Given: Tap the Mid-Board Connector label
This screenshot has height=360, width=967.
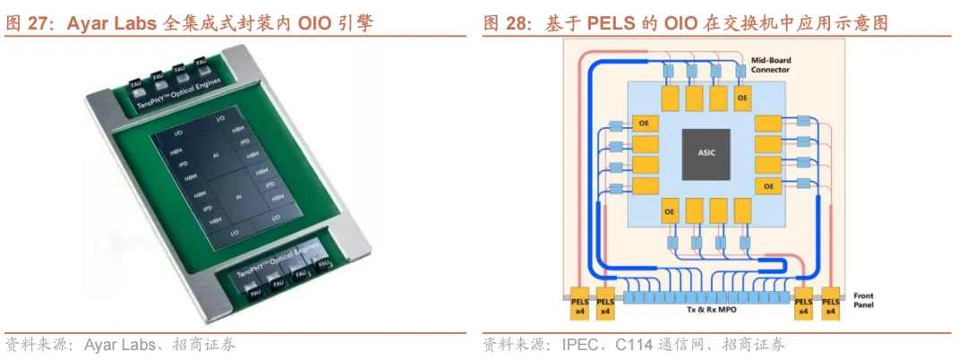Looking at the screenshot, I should (x=771, y=64).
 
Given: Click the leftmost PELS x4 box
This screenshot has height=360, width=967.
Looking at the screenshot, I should (x=578, y=305).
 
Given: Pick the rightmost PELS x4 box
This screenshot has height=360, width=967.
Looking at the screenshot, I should (x=830, y=305).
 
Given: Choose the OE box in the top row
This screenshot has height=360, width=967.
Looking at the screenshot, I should (x=741, y=96).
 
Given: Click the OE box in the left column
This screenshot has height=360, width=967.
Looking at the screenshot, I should (x=642, y=123).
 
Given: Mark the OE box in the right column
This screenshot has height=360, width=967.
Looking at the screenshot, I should (x=767, y=185).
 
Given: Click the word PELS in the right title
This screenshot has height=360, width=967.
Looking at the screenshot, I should (x=610, y=23).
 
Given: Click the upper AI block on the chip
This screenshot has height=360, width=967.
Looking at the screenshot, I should (x=215, y=156).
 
